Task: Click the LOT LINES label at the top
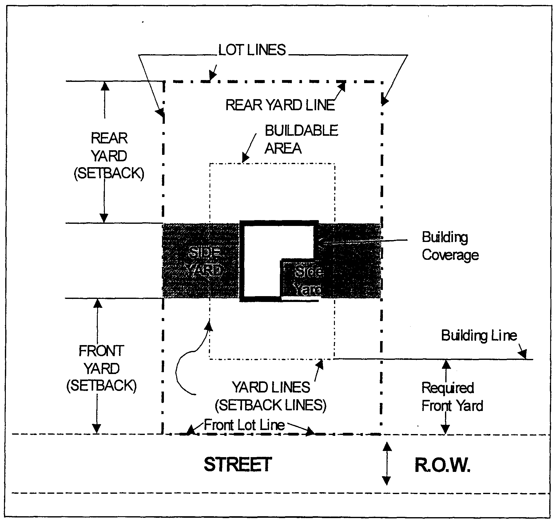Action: [252, 50]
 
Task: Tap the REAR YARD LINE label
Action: [280, 105]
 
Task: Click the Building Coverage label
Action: [450, 246]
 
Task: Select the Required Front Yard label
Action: [451, 397]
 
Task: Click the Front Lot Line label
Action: [244, 425]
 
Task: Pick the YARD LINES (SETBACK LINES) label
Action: [271, 396]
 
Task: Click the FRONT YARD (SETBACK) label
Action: [101, 368]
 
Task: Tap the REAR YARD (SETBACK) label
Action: [109, 156]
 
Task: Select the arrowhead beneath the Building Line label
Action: [522, 354]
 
